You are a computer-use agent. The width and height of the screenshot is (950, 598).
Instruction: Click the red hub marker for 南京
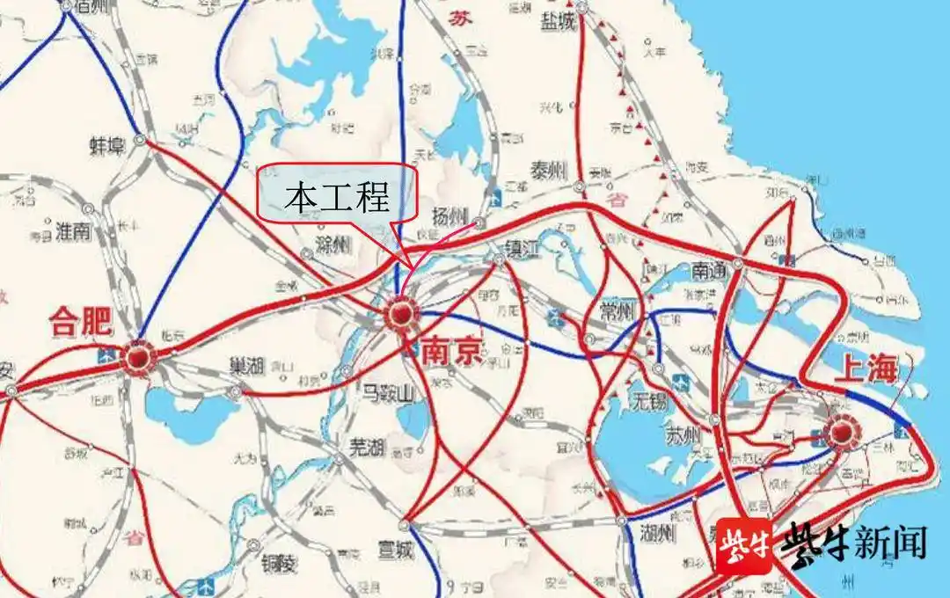[x=401, y=314]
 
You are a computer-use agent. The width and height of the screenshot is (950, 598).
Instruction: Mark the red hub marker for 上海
[x=843, y=431]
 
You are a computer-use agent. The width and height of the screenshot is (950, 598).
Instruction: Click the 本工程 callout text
[x=336, y=199]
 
